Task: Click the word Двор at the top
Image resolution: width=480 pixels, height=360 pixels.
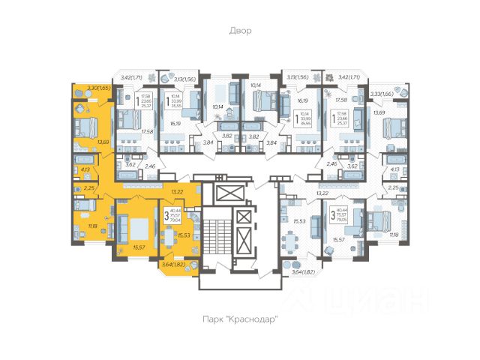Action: tap(240, 31)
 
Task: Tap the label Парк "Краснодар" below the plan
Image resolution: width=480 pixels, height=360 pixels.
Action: tap(240, 319)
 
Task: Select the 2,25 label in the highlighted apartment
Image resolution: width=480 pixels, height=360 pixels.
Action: tap(89, 188)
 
